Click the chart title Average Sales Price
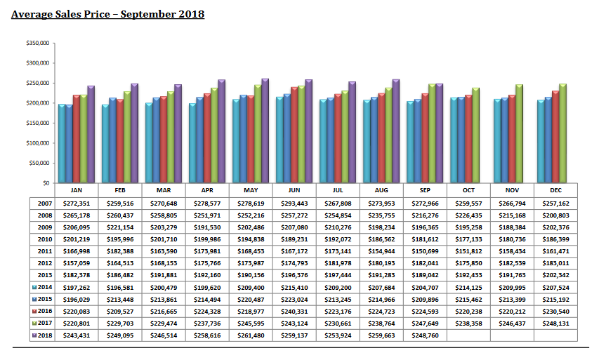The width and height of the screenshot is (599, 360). click(107, 14)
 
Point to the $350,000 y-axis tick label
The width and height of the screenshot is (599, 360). click(37, 43)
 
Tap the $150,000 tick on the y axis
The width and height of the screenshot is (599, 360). click(37, 123)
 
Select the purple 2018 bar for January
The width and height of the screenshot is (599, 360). click(91, 134)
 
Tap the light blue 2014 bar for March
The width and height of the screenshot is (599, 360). click(148, 142)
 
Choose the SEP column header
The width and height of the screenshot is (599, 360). click(426, 190)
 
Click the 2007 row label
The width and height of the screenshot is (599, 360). click(44, 202)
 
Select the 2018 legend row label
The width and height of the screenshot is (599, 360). click(44, 335)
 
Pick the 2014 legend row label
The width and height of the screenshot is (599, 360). click(44, 287)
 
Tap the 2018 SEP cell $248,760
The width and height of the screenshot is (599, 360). click(426, 335)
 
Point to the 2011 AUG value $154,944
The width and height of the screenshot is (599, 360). click(382, 251)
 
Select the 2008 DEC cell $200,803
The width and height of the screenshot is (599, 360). click(555, 214)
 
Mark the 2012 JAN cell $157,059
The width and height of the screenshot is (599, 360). click(77, 262)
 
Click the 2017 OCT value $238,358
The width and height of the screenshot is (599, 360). click(468, 324)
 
